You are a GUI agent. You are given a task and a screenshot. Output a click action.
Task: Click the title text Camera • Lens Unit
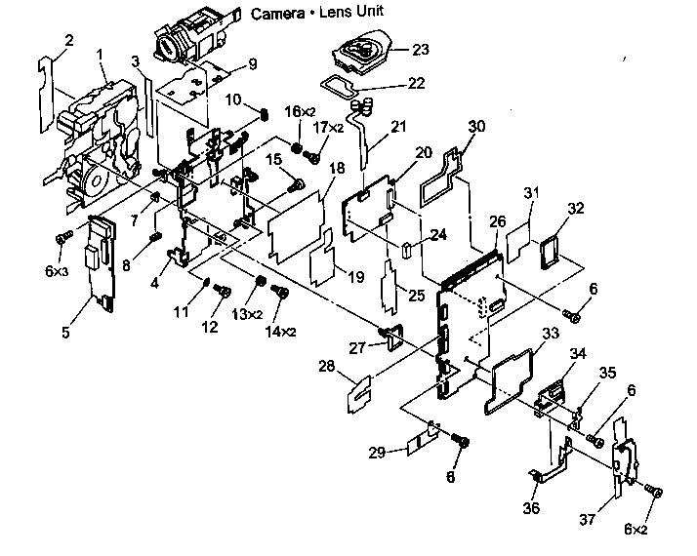coord(316,13)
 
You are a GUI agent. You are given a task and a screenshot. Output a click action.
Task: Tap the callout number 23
coord(421,48)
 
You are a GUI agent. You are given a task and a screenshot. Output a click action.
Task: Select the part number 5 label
coord(65,332)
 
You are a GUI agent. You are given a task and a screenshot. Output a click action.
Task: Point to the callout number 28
coord(328,366)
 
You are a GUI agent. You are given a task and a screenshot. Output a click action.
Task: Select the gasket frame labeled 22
coord(345,84)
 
